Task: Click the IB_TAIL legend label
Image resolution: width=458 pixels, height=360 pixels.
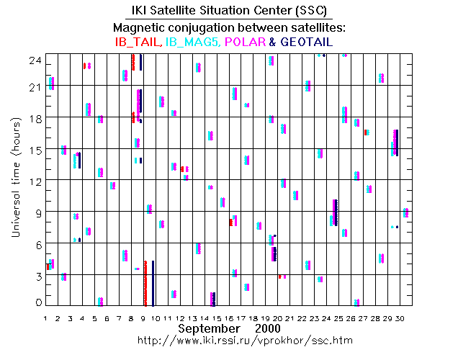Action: (137, 42)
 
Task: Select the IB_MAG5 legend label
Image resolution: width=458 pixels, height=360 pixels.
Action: (189, 42)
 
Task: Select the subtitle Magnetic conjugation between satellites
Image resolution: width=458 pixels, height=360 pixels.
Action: (229, 27)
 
